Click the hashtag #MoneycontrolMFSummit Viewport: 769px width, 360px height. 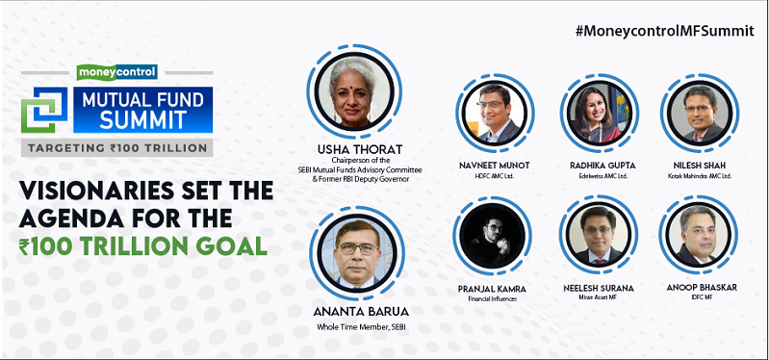click(x=664, y=30)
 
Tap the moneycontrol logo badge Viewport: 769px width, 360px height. click(x=116, y=71)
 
